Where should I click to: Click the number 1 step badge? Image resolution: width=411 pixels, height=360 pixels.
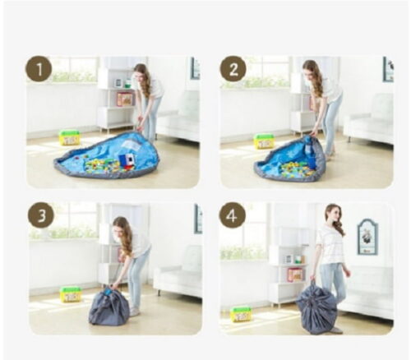coord(39,69)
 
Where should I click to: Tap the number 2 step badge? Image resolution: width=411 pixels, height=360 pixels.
coord(233,69)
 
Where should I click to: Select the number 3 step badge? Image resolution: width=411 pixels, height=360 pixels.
coord(41,215)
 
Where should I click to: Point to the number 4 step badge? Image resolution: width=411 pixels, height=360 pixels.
coord(232,215)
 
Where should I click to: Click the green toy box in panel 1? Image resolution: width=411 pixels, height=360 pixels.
coord(69,137)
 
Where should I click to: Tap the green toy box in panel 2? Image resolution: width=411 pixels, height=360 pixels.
coord(264,141)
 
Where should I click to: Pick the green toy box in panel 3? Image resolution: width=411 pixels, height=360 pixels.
coord(72,294)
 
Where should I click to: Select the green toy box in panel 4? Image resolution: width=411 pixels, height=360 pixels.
coord(241,314)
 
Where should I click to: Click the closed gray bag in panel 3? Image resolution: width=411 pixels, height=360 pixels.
coord(109,305)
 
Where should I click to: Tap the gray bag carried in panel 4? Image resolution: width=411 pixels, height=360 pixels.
coord(316,311)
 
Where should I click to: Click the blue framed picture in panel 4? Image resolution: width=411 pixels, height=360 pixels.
coord(367,237)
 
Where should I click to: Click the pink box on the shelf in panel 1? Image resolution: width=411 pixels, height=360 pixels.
coord(125,99)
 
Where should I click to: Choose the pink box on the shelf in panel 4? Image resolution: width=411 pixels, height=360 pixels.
coord(295,275)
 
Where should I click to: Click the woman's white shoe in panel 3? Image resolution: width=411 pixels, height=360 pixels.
coord(134,312)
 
